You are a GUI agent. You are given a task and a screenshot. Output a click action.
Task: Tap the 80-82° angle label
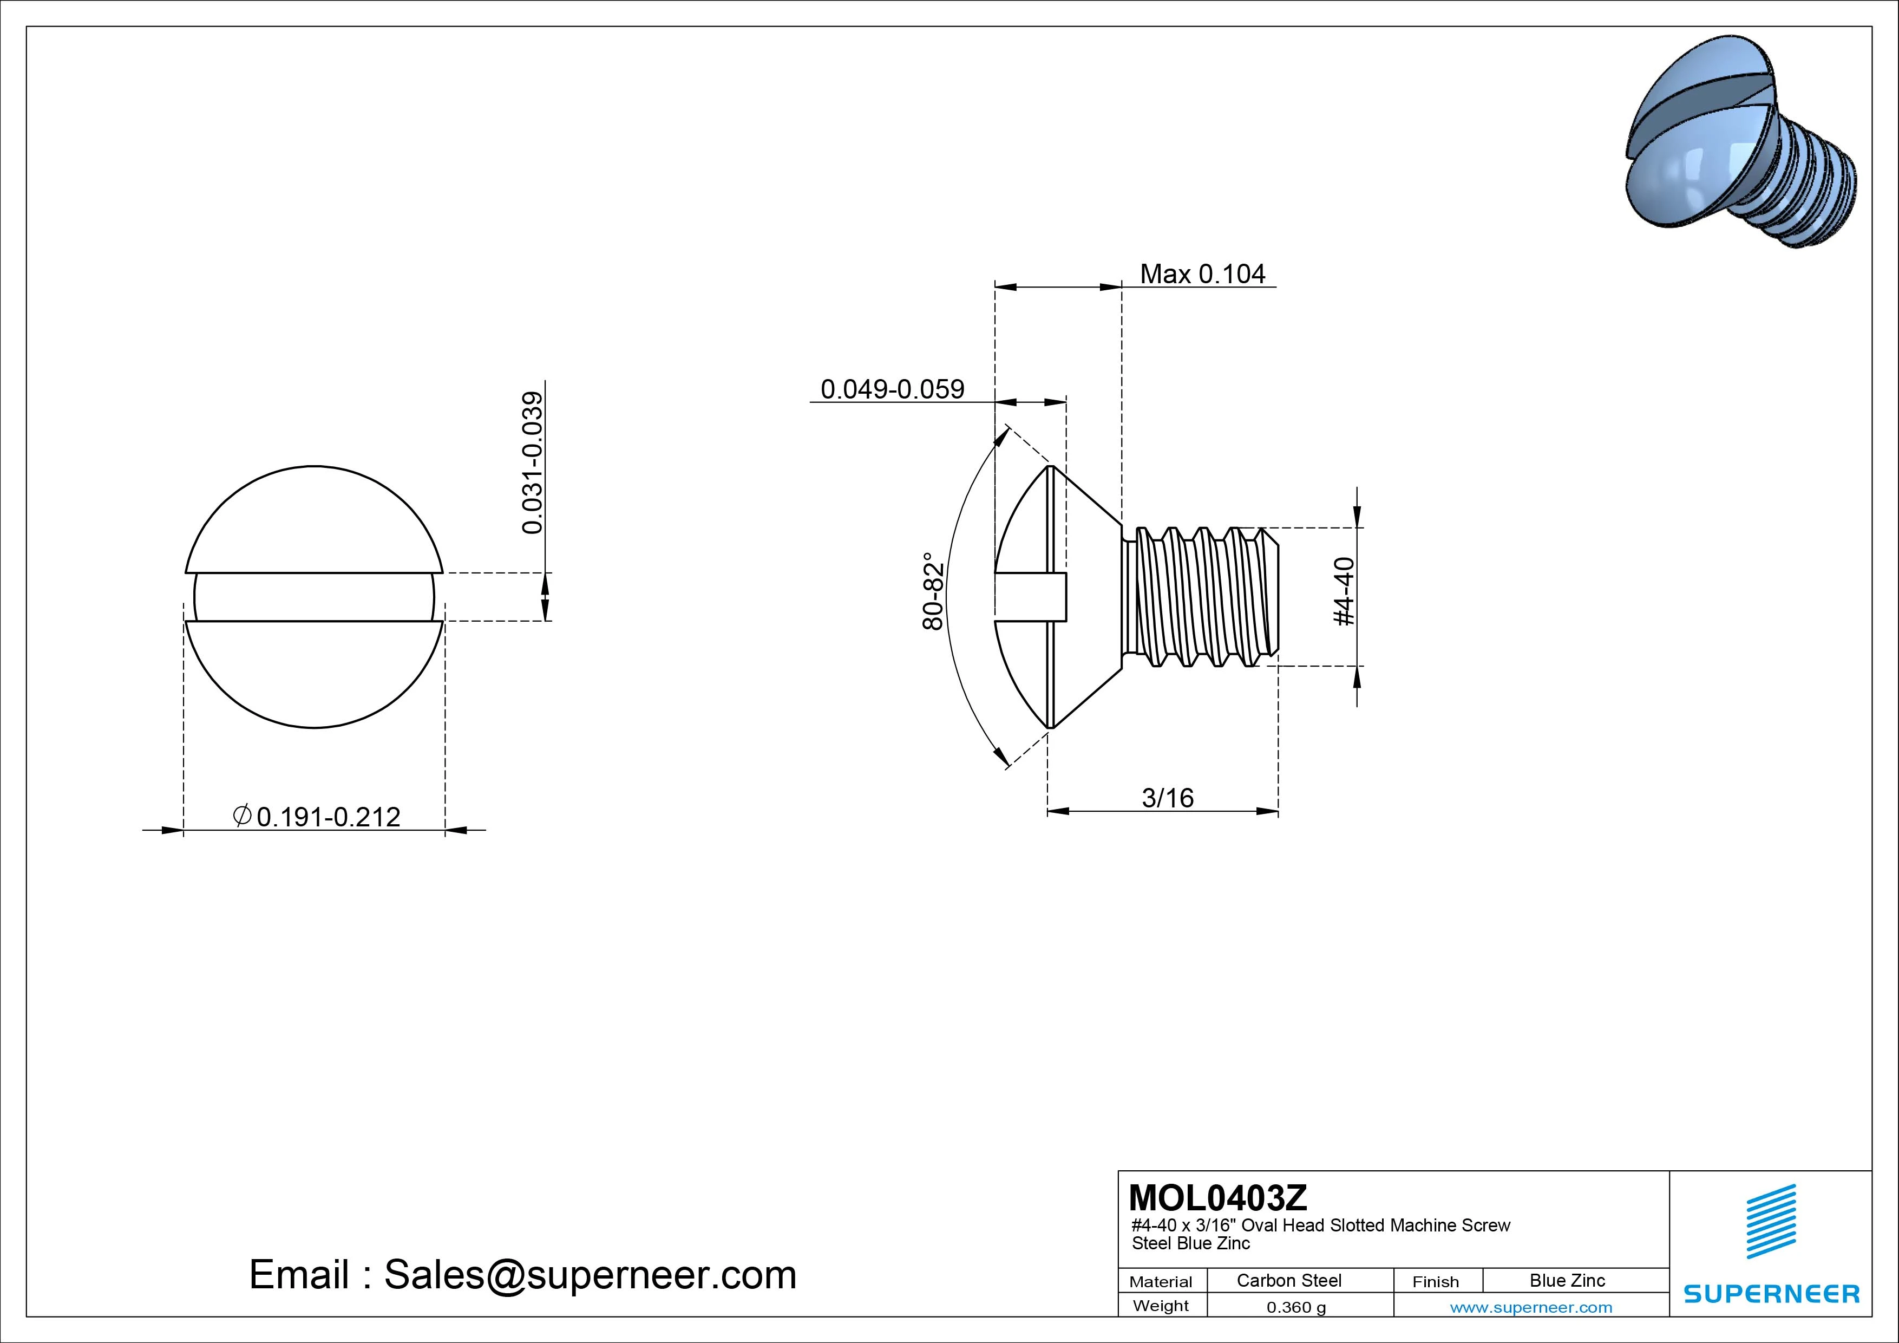(933, 592)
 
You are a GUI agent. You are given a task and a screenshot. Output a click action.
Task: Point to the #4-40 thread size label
(1345, 592)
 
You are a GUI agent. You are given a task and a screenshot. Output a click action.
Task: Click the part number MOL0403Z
(1217, 1197)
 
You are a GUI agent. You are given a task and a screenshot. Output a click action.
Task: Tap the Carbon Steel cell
(1288, 1280)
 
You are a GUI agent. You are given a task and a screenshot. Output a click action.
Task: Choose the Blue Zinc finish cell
(1567, 1280)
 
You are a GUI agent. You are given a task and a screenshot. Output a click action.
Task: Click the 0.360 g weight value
(1296, 1307)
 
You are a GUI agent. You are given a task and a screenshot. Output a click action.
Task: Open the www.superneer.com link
(1531, 1307)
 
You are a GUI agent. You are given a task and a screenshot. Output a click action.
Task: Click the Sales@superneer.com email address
(590, 1275)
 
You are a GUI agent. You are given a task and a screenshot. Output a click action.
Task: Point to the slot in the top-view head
(315, 597)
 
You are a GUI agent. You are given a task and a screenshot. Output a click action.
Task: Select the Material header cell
(1161, 1282)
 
